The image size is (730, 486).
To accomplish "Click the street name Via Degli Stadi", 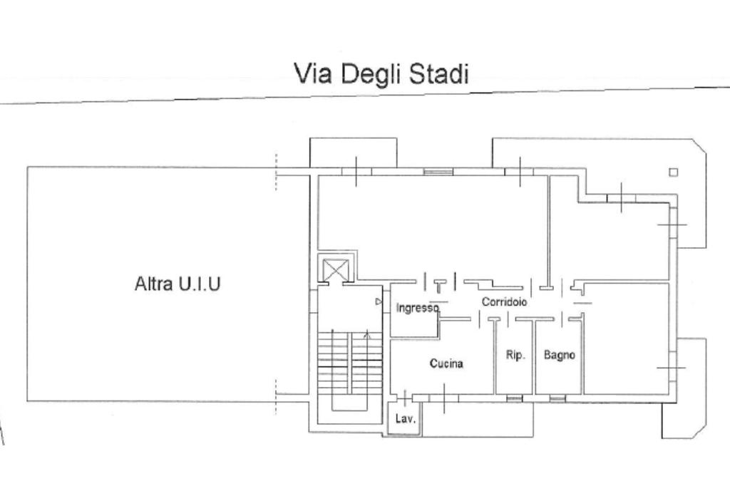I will point(381,73).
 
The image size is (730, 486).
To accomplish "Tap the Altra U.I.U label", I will point(178,284).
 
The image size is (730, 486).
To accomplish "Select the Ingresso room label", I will point(417,308).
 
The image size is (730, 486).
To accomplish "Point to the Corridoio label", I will point(504,302).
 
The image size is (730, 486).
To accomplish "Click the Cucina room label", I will point(446,363).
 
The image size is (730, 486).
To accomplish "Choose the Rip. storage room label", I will point(515,355).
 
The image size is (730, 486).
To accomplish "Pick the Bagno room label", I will point(559,355).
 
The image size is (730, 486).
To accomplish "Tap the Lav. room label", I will point(405,419).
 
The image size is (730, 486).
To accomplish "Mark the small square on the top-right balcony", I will point(673,172).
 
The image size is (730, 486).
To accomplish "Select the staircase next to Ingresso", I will point(349,363).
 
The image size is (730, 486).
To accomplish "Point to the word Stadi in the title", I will point(439,73).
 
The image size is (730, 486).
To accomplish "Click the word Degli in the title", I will point(371,74).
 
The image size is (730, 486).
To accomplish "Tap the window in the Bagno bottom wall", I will point(557,398).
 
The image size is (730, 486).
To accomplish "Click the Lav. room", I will point(403,418).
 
